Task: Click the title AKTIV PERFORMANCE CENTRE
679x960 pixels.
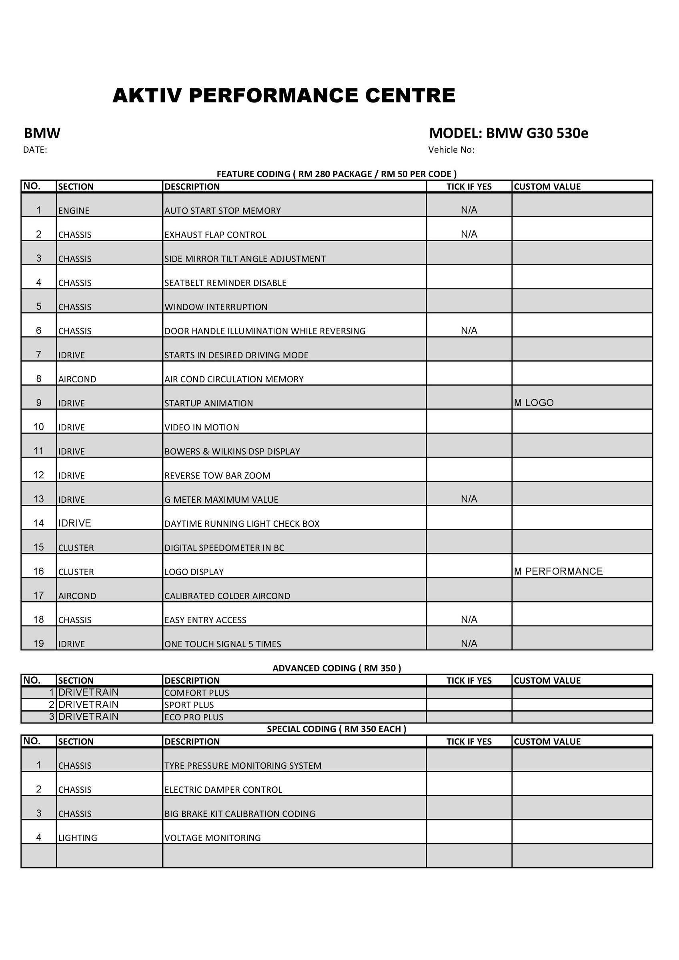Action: click(x=284, y=96)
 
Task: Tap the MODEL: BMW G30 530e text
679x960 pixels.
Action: click(x=508, y=133)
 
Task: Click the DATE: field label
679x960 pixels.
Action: click(x=35, y=150)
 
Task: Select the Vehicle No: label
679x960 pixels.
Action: click(x=451, y=150)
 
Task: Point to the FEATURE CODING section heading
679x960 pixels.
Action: click(x=336, y=174)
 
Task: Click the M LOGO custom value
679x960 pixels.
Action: click(x=533, y=403)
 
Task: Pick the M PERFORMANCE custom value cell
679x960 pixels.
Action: click(x=558, y=571)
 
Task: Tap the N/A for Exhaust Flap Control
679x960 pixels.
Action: click(x=469, y=234)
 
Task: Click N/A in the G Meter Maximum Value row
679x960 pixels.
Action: click(x=469, y=499)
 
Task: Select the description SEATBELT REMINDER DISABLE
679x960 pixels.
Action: click(x=225, y=283)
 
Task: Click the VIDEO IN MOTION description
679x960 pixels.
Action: click(x=202, y=427)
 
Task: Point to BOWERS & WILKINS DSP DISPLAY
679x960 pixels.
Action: click(x=232, y=452)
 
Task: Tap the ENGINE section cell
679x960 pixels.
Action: click(x=74, y=211)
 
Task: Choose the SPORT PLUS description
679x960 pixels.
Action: click(x=189, y=705)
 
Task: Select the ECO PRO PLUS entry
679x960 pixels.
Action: click(x=194, y=717)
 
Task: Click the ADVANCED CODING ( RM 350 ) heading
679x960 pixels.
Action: click(x=336, y=668)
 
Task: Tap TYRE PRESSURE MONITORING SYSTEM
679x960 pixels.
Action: click(x=242, y=766)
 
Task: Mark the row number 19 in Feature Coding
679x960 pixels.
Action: click(x=38, y=644)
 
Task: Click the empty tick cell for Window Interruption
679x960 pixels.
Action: click(x=469, y=301)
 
